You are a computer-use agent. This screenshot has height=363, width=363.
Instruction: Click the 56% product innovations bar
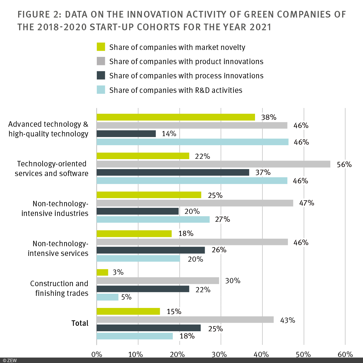213,164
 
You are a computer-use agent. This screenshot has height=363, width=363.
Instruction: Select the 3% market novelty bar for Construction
102,272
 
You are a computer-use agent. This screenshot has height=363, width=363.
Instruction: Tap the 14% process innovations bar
126,134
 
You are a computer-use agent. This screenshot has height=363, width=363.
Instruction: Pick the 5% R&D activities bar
107,297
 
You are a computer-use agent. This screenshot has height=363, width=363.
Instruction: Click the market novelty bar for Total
128,311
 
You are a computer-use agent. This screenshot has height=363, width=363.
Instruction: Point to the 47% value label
306,203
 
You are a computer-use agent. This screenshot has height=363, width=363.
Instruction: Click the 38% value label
269,117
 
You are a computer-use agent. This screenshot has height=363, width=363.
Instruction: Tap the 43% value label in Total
287,320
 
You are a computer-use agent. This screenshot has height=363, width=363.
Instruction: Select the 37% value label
263,172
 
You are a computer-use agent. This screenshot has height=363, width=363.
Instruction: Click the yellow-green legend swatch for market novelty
101,47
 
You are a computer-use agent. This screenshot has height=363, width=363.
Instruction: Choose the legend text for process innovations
186,76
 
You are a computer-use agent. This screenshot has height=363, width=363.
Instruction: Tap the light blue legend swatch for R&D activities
101,90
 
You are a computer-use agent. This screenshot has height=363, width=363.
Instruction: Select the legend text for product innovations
186,61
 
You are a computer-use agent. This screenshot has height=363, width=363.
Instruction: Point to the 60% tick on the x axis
345,354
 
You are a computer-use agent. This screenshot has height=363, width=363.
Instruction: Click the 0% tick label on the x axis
97,354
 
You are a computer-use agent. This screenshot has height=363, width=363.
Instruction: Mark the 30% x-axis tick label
221,354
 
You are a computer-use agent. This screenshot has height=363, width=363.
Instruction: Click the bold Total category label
80,323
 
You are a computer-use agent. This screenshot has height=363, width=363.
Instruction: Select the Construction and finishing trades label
59,288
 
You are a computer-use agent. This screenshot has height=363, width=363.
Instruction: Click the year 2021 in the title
260,27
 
